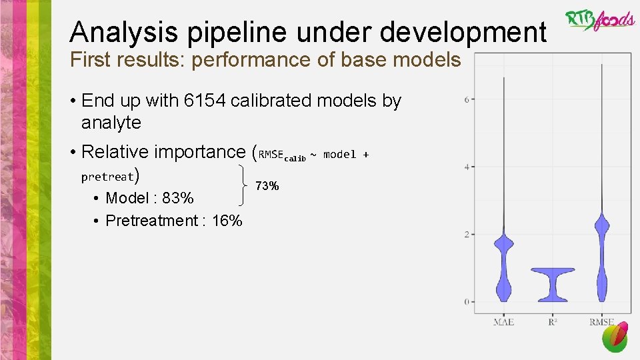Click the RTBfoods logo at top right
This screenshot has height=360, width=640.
point(600,20)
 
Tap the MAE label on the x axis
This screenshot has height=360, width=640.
point(503,322)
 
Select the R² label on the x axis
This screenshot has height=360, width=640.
point(553,322)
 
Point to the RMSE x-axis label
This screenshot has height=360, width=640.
point(602,322)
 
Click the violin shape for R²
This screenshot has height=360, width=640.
point(553,280)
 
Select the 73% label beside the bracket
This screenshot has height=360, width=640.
point(267,186)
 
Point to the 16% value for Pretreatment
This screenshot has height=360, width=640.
point(227,221)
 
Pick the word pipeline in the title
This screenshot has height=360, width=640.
point(222,32)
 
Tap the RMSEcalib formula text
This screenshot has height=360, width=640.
point(282,155)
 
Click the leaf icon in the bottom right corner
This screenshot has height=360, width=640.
point(615,337)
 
